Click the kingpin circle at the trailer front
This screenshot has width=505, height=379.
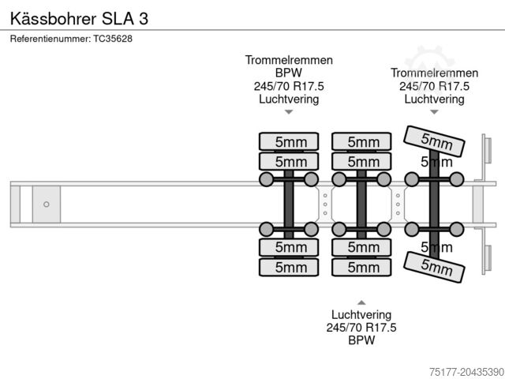(x=47, y=205)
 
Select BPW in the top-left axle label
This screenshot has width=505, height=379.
(x=289, y=73)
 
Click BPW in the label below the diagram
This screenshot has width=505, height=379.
(x=361, y=341)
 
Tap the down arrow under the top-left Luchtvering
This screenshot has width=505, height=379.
(x=289, y=112)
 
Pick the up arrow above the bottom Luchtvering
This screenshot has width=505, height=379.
(x=361, y=302)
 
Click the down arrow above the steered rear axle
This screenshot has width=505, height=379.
(x=434, y=112)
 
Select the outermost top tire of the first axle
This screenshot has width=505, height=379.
(x=290, y=141)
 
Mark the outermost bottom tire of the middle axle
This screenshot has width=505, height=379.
(x=361, y=267)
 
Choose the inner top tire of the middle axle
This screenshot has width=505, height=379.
(x=361, y=162)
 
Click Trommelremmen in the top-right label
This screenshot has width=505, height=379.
(x=434, y=73)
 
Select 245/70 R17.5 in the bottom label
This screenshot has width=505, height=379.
(x=361, y=328)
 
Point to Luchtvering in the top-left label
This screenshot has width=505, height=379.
(x=289, y=99)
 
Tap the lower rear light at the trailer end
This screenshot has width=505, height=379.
(x=487, y=261)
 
